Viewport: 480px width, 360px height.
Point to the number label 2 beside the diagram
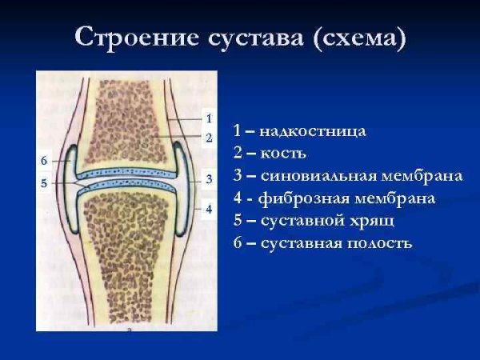coord(208,138)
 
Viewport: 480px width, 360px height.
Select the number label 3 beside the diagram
coord(208,179)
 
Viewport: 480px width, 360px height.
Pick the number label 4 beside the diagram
coord(208,209)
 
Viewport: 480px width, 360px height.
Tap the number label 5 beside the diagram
coord(44,183)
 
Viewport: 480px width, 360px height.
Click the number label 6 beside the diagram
coord(44,161)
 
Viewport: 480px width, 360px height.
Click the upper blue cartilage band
coord(125,172)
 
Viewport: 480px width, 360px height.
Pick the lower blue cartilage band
coord(125,186)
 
